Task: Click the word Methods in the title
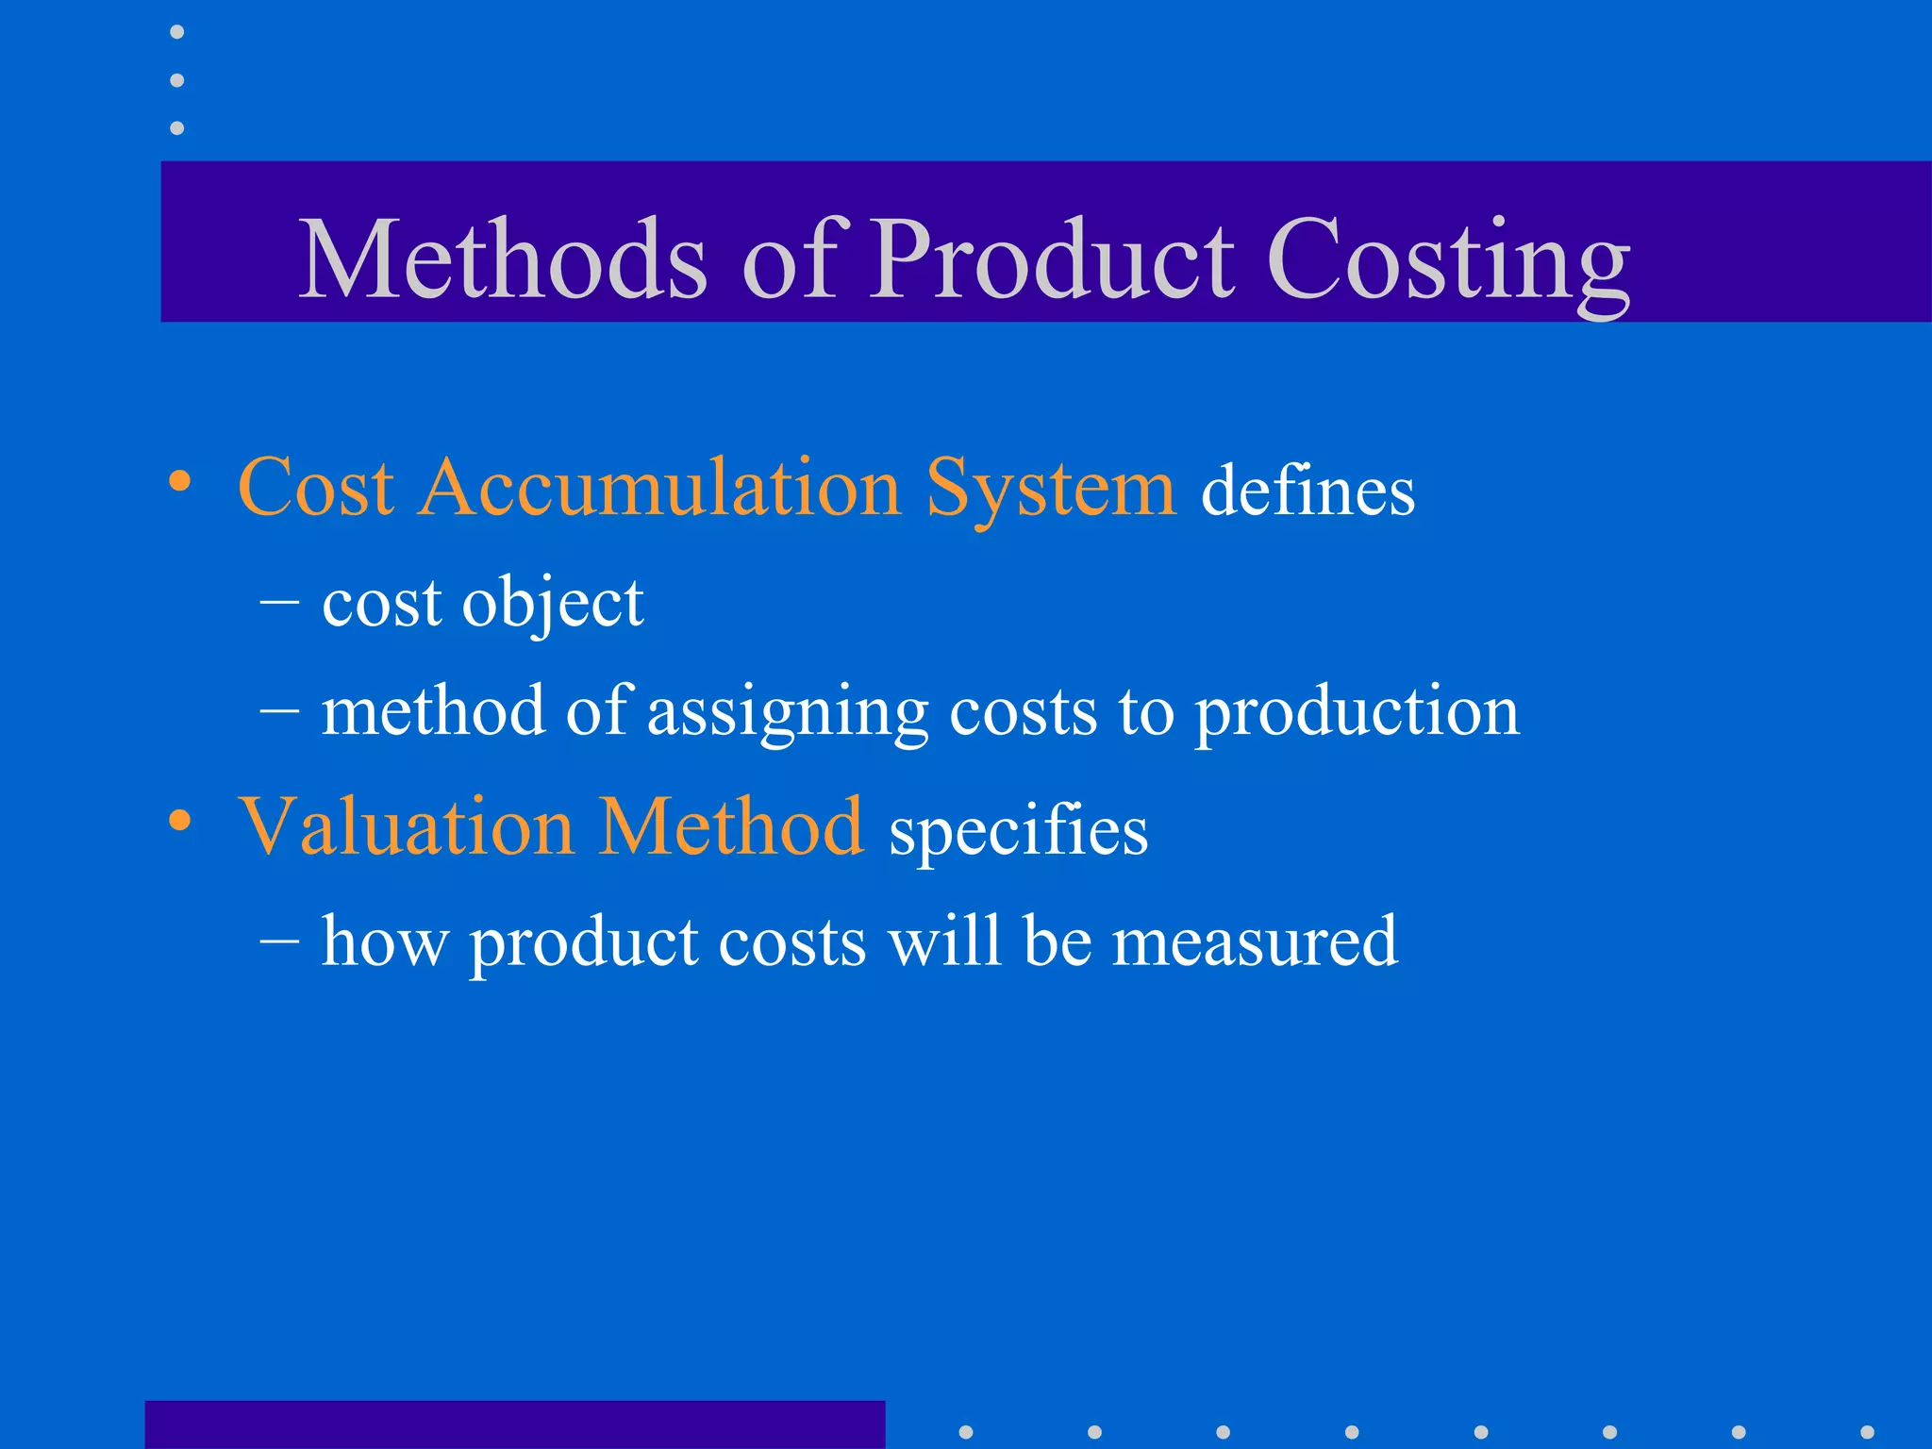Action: (x=502, y=259)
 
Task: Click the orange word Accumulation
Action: (x=660, y=488)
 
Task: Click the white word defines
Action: (x=1307, y=491)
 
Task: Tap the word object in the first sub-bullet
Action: (x=552, y=604)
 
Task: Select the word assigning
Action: (x=788, y=712)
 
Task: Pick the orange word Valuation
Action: (x=406, y=827)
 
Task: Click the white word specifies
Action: (x=1018, y=831)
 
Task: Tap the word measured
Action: (x=1254, y=941)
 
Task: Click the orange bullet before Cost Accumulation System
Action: (x=180, y=483)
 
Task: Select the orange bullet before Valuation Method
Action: (x=180, y=821)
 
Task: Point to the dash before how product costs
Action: (x=279, y=941)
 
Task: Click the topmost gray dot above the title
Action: (x=176, y=32)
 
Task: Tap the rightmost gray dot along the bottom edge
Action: (x=1867, y=1432)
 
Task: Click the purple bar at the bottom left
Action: (x=514, y=1424)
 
